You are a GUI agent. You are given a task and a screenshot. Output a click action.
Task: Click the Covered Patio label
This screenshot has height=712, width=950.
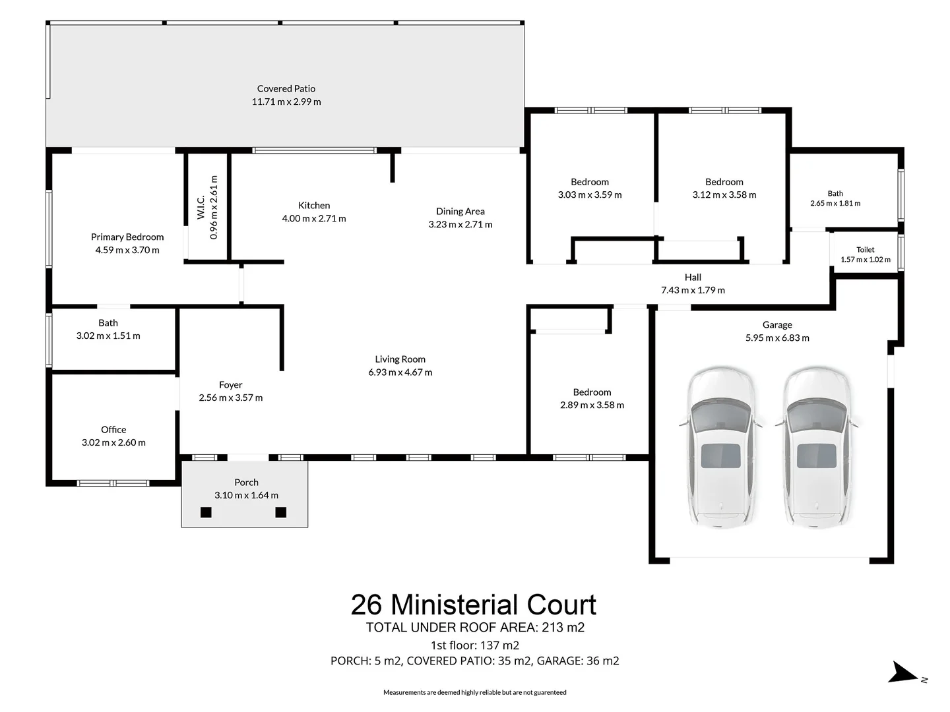point(286,88)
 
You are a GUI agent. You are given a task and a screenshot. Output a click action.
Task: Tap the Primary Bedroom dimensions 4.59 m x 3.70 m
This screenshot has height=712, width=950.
point(127,250)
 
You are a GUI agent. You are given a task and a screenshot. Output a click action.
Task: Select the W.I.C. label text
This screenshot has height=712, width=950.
point(201,208)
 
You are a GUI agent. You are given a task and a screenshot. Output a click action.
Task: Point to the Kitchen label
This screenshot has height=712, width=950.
point(314,205)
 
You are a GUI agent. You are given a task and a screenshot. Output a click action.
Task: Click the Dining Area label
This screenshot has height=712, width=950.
point(460,212)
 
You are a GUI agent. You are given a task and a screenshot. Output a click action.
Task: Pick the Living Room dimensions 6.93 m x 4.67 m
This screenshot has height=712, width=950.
point(400,372)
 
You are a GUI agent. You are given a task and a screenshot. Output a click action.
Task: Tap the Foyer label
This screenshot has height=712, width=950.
point(230,385)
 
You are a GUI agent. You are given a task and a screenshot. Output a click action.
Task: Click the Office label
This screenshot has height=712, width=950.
point(113,430)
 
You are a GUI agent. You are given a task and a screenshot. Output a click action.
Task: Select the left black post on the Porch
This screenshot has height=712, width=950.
point(206,512)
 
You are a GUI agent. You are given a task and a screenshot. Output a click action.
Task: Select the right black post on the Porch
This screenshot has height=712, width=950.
point(281,512)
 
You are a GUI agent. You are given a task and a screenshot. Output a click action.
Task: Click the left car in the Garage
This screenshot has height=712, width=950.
point(720,448)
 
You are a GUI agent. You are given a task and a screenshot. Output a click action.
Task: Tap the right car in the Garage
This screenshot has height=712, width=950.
point(817,448)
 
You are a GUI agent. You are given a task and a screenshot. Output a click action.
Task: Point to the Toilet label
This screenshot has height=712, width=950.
point(865,250)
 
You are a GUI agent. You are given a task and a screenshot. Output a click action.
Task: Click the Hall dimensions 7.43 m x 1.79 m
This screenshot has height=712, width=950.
point(693,290)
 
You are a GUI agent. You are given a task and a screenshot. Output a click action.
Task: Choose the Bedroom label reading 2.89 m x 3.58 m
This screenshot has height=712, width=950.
point(592,392)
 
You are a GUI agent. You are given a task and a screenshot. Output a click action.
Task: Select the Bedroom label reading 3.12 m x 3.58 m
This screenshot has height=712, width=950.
point(724,182)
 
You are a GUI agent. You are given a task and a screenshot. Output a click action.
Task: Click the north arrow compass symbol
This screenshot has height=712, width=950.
point(902,672)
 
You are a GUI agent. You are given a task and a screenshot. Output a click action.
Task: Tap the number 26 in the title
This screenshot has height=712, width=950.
point(366,605)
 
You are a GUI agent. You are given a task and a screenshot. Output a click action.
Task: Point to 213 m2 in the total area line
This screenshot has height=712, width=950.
point(563,627)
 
